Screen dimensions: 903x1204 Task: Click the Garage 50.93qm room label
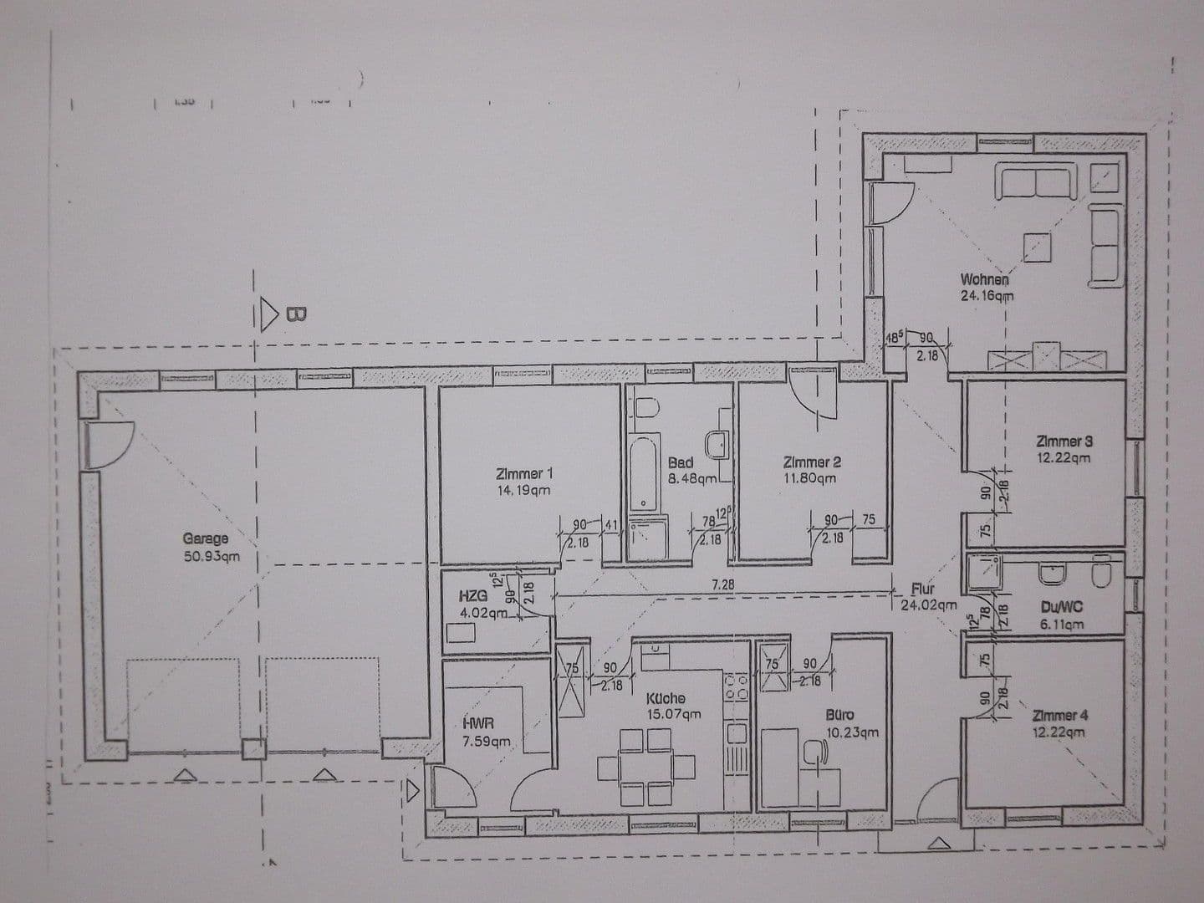pyautogui.click(x=206, y=547)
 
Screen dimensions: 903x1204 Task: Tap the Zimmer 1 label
pyautogui.click(x=523, y=482)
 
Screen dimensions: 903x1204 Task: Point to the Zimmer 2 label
pyautogui.click(x=812, y=470)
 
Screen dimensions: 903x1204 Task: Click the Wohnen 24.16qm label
pyautogui.click(x=987, y=287)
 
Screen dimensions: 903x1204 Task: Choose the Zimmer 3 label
pyautogui.click(x=1064, y=449)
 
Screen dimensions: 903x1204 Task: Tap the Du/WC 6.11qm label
pyautogui.click(x=1063, y=615)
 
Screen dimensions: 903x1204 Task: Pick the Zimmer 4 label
pyautogui.click(x=1060, y=724)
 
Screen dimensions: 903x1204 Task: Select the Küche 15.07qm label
pyautogui.click(x=672, y=706)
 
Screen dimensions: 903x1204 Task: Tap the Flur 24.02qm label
pyautogui.click(x=927, y=597)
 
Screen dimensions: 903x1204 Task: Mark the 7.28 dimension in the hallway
pyautogui.click(x=722, y=585)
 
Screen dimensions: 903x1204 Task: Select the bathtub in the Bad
pyautogui.click(x=644, y=473)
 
